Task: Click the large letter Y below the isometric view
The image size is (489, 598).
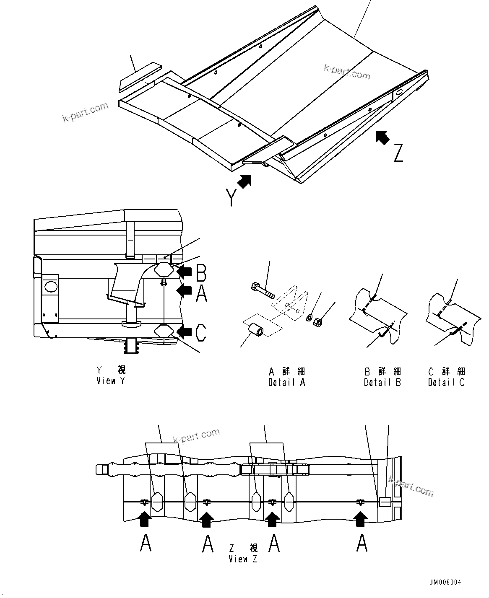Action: (x=231, y=197)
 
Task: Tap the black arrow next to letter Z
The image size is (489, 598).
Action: (x=382, y=137)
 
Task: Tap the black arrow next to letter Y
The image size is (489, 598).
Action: (x=244, y=181)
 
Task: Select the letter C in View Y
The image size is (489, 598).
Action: (x=201, y=333)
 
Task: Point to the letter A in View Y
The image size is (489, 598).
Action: (x=201, y=293)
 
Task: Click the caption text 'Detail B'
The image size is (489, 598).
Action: (x=382, y=382)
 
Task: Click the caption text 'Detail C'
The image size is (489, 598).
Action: (x=446, y=382)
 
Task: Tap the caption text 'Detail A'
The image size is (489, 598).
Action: (x=287, y=382)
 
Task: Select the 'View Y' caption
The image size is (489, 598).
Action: (x=110, y=381)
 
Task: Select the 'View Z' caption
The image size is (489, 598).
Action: (x=243, y=559)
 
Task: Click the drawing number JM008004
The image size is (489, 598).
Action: (x=445, y=582)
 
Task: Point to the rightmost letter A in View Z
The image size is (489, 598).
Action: (x=362, y=544)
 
